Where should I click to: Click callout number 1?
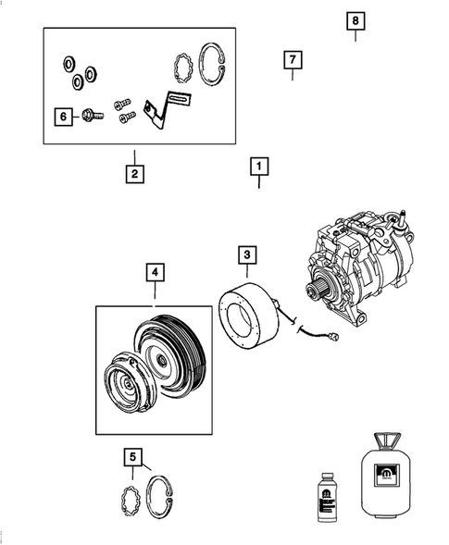tap(259, 167)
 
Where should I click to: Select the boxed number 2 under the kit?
tap(134, 173)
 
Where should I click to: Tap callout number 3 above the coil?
tap(247, 254)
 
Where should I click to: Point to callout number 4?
tap(155, 272)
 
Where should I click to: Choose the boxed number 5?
tap(133, 455)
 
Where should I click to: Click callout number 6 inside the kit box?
tap(63, 117)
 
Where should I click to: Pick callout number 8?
tap(355, 20)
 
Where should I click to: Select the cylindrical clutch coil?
tap(247, 312)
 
